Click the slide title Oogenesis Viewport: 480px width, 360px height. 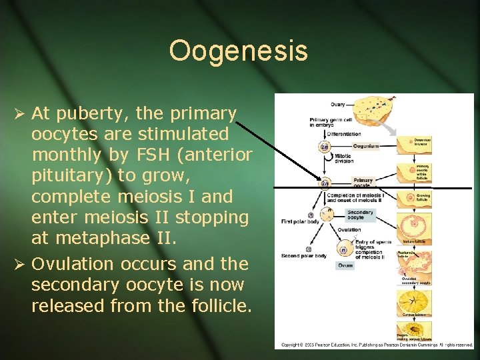point(239,51)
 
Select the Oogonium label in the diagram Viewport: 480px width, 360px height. point(366,147)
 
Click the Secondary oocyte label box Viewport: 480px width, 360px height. point(360,214)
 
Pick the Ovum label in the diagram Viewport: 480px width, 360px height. point(345,265)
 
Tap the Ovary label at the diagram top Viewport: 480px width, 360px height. point(338,104)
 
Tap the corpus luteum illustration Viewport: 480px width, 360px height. point(415,300)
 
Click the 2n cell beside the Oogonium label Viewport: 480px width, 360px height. point(325,147)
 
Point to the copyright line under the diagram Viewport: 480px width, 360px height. point(377,345)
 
